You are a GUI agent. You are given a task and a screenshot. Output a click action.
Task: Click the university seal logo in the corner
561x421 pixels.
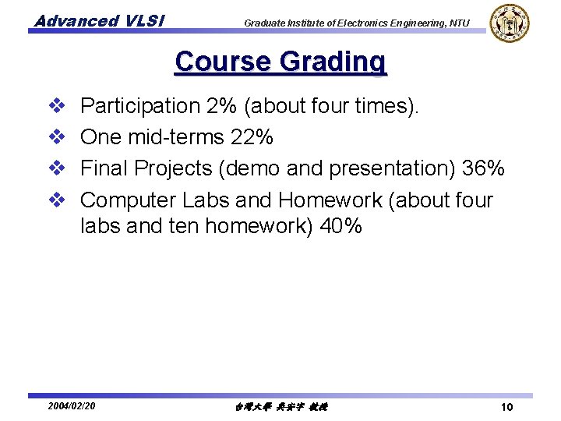[510, 23]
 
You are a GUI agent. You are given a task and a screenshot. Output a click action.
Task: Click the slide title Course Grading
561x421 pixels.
[280, 61]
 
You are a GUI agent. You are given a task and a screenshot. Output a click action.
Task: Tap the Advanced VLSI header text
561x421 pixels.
[98, 21]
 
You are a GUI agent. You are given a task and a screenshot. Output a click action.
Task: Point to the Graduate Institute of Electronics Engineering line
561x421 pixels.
[357, 23]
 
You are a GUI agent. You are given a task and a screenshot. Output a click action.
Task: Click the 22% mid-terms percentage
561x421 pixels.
[252, 137]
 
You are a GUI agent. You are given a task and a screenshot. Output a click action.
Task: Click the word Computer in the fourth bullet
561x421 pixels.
[129, 200]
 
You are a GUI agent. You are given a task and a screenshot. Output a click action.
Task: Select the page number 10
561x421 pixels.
[506, 407]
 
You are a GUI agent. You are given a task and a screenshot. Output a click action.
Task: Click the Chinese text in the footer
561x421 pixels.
[280, 407]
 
